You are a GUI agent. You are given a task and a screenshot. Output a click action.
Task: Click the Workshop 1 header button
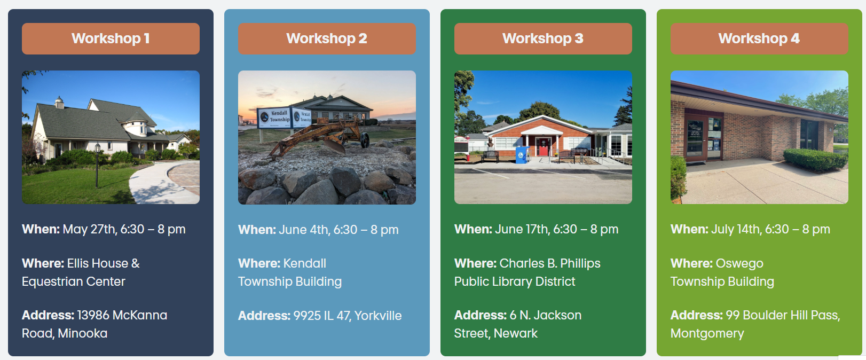[111, 38]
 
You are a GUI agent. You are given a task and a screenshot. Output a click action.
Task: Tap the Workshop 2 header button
[327, 38]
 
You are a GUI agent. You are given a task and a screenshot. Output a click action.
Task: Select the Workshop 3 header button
[543, 38]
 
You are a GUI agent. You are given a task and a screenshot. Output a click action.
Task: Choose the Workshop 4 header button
[759, 38]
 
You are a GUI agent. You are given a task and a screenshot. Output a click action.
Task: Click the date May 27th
[89, 229]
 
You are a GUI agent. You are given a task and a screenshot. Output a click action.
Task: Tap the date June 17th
[522, 229]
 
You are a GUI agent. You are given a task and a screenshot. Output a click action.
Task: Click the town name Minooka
[83, 333]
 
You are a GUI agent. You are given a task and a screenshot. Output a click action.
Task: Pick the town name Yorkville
[378, 316]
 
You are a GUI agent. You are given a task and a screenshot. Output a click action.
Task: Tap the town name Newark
[516, 333]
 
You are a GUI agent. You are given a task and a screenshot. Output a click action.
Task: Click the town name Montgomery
[707, 334]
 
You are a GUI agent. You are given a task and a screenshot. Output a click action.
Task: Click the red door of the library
[543, 147]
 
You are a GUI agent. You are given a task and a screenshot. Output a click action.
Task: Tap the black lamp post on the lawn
[97, 166]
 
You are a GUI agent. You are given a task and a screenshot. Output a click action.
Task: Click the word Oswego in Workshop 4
[739, 264]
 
